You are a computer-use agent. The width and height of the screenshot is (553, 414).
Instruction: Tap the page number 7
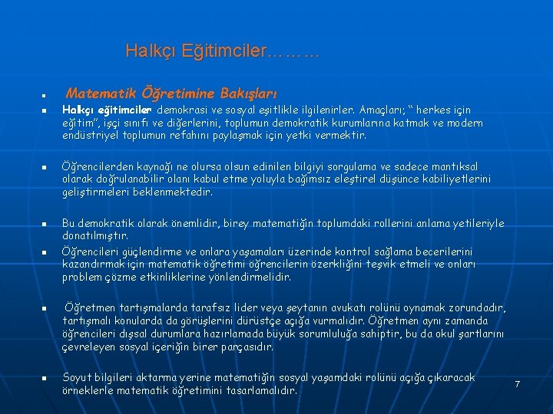517,383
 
